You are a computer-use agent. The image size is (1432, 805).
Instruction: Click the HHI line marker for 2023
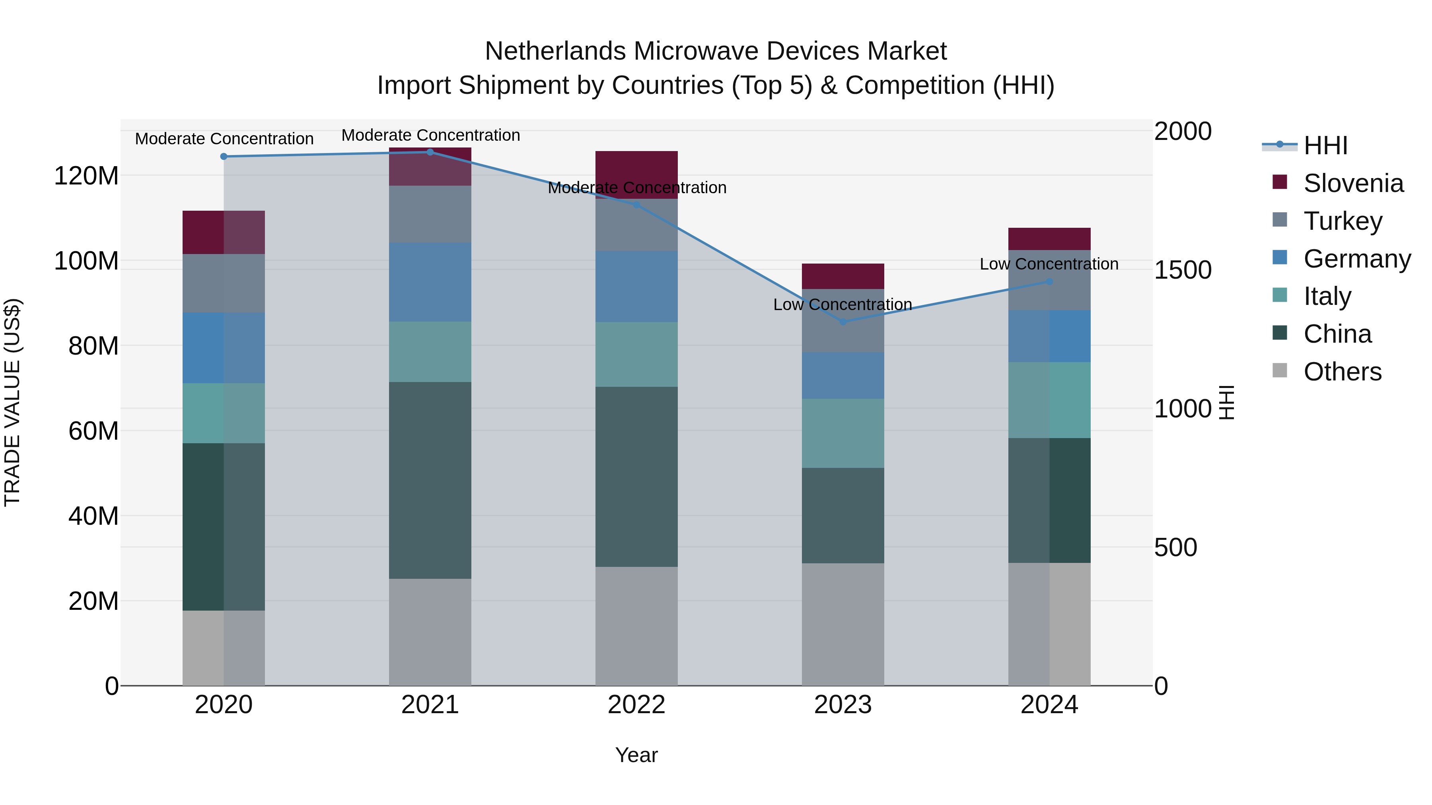(x=843, y=322)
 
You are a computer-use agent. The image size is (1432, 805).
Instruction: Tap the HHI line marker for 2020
(x=224, y=157)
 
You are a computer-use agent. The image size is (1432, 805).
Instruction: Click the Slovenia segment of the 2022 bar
(x=636, y=175)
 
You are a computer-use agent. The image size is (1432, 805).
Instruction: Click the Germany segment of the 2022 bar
(x=636, y=286)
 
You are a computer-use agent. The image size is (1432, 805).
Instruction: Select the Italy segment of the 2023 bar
(x=843, y=433)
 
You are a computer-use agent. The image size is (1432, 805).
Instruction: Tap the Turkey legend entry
(x=1342, y=221)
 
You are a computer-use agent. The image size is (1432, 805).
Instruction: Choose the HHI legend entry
(x=1325, y=145)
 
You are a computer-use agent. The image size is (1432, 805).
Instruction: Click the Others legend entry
(x=1342, y=372)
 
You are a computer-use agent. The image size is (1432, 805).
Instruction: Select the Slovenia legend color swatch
(x=1280, y=182)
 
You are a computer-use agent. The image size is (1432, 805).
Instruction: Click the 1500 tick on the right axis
(x=1183, y=270)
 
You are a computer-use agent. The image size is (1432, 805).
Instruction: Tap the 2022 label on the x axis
(x=636, y=705)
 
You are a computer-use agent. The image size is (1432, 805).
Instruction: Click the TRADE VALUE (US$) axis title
(x=12, y=402)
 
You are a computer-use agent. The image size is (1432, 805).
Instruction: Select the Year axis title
(x=636, y=755)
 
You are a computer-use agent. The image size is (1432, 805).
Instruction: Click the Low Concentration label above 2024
(x=1049, y=264)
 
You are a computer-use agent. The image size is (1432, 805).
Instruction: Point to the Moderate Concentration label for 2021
(x=430, y=135)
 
